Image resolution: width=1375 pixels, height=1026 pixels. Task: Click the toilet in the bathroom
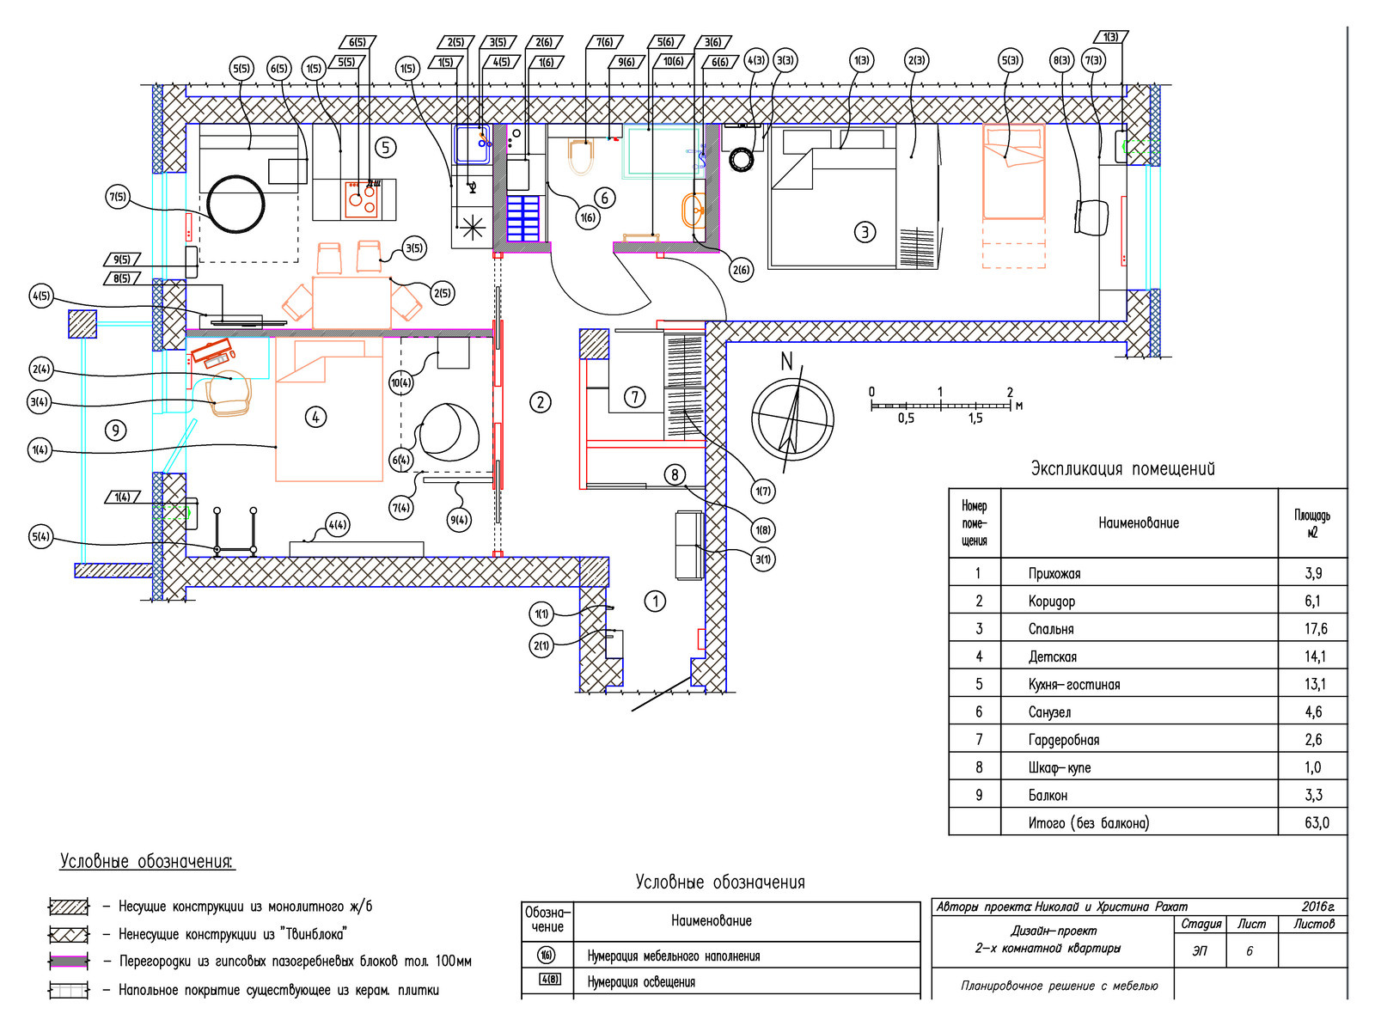tap(580, 156)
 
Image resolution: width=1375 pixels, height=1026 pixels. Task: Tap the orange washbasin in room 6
tap(693, 209)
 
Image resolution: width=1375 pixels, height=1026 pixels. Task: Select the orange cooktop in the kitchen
tap(361, 199)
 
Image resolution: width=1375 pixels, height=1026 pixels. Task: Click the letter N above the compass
tap(786, 361)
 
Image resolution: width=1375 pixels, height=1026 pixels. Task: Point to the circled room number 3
tap(865, 232)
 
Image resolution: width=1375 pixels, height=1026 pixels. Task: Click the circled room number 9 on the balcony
tap(115, 431)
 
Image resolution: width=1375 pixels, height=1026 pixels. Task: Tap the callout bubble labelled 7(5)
tap(117, 198)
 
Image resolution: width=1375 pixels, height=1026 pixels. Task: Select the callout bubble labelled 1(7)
tap(762, 491)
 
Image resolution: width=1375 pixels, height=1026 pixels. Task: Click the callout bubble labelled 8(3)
tap(1062, 61)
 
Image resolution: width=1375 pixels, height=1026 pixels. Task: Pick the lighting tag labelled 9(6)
tap(626, 62)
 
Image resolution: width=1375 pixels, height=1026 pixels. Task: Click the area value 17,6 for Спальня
tap(1316, 629)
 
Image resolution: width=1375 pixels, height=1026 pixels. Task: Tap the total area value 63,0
tap(1316, 822)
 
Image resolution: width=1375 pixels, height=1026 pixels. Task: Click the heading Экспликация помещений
tap(1122, 468)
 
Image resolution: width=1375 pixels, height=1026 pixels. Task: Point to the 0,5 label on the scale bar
tap(906, 418)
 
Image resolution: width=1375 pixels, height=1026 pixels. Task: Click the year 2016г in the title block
tap(1318, 907)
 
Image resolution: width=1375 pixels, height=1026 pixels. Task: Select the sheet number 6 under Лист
tap(1249, 951)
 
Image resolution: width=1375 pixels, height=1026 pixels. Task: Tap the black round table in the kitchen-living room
tap(235, 205)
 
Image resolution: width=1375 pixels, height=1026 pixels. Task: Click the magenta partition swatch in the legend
tap(69, 961)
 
